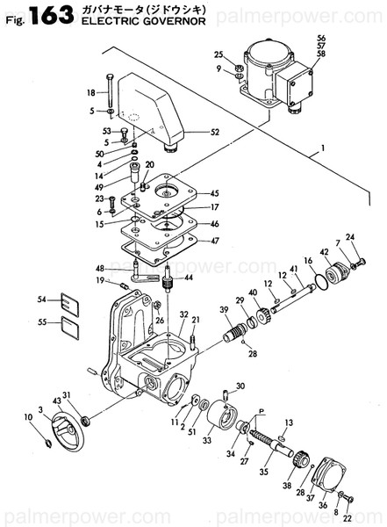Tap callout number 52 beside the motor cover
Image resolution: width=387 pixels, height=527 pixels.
coord(215,133)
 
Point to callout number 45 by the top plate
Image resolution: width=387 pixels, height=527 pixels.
coord(215,193)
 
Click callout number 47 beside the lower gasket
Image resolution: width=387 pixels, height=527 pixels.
coord(215,240)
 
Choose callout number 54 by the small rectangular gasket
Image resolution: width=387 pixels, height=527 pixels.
coord(40,300)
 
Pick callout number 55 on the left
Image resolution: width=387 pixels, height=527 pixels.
coord(40,323)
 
